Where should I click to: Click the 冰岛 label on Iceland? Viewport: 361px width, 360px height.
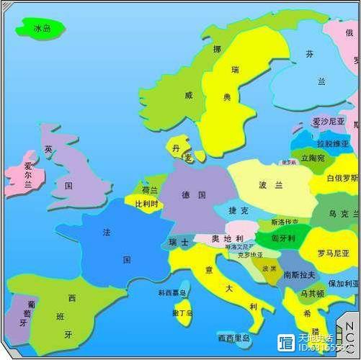(x=43, y=29)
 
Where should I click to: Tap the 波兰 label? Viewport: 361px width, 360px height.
(x=271, y=185)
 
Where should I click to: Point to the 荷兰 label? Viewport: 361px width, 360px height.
(x=149, y=190)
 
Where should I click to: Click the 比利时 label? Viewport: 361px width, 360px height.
(x=148, y=204)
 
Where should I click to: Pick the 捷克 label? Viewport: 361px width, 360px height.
(x=238, y=210)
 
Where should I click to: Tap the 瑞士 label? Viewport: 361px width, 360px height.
(x=179, y=243)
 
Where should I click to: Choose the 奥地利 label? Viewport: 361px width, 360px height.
(x=227, y=238)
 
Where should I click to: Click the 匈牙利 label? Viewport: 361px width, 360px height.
(x=284, y=238)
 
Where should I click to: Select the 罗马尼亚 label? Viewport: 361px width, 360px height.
(x=334, y=253)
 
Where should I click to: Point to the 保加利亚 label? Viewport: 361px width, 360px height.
(x=343, y=284)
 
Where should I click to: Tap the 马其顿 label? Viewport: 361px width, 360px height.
(x=311, y=293)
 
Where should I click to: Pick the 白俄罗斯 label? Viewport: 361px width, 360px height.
(x=342, y=178)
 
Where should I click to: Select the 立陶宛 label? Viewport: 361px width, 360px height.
(x=313, y=158)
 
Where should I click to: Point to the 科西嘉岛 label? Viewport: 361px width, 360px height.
(x=172, y=293)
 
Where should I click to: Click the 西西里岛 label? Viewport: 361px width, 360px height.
(x=233, y=338)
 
